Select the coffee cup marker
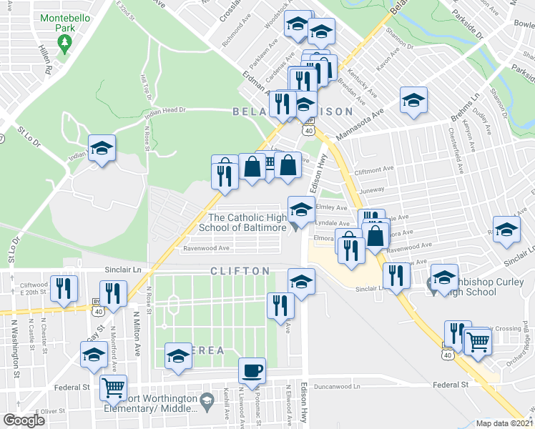[x=252, y=370]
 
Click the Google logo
[x=24, y=420]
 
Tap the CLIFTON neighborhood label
[x=240, y=272]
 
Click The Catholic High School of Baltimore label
[x=247, y=222]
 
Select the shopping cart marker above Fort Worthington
[x=113, y=388]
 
